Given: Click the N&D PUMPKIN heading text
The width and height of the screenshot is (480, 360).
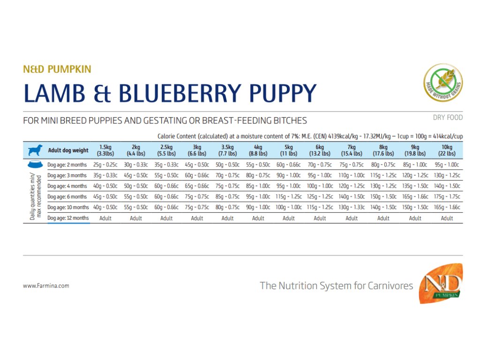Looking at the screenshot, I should [57, 70].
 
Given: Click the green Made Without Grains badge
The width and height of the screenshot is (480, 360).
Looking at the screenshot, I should [443, 82].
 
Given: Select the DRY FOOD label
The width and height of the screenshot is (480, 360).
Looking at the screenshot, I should [447, 118].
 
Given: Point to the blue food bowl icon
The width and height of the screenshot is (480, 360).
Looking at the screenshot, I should [35, 165].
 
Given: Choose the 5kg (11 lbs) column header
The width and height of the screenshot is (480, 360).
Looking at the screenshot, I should [289, 150].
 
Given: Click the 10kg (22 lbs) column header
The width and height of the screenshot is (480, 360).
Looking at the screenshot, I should [447, 150].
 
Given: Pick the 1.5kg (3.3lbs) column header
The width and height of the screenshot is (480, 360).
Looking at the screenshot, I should [105, 150].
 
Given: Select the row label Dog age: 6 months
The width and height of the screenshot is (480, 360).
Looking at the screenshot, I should [67, 197].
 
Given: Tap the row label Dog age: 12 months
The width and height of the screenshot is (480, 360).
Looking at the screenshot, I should [68, 218].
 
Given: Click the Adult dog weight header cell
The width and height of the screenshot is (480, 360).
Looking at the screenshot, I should [68, 150].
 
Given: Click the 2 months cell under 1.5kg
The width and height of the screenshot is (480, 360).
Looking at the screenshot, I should [105, 165].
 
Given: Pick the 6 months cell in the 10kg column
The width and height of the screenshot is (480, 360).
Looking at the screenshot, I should [447, 197].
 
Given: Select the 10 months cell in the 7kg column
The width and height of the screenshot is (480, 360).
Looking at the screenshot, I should [352, 207].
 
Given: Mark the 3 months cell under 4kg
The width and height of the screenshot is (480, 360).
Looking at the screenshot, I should [258, 176].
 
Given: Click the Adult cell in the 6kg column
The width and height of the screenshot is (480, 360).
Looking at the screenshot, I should [320, 218].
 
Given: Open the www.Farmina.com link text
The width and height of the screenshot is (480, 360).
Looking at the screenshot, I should [46, 285].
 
